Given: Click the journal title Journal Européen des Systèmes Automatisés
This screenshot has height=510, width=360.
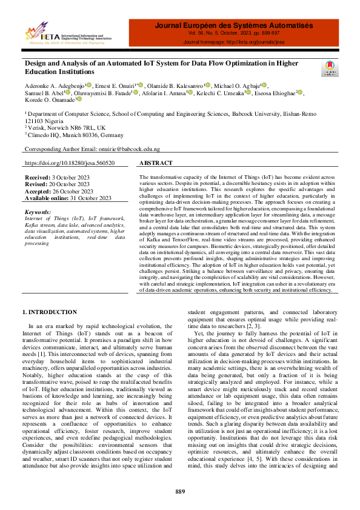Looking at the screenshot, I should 233,26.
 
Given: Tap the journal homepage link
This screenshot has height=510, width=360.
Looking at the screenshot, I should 233,42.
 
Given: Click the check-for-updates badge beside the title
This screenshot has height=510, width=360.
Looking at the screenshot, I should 330,67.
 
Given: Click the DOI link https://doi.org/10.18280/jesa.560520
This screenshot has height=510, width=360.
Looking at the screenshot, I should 69,164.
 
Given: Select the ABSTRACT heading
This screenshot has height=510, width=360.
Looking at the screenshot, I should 156,164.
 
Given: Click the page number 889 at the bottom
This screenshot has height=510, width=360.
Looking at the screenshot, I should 180,491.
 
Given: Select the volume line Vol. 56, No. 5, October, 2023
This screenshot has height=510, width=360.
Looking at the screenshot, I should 233,35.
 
